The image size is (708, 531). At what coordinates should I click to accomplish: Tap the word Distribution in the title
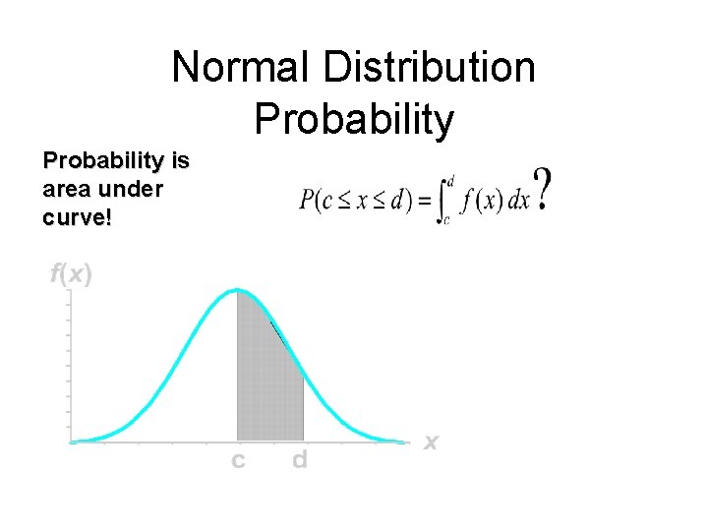click(x=430, y=68)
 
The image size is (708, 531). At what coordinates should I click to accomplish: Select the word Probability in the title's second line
click(x=354, y=119)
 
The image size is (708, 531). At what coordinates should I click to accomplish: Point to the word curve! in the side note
click(x=78, y=217)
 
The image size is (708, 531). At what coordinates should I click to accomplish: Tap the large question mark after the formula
click(x=541, y=191)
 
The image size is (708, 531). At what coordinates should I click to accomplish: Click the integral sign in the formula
click(x=442, y=200)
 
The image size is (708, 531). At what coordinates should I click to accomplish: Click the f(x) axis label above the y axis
click(x=71, y=274)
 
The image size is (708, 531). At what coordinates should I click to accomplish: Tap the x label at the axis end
click(x=430, y=442)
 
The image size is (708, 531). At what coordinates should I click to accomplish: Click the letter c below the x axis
click(x=238, y=459)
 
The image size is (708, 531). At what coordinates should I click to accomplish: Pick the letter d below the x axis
click(x=300, y=459)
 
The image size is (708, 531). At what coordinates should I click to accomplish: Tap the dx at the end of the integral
click(x=518, y=200)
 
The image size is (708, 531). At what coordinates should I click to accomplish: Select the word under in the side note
click(x=129, y=189)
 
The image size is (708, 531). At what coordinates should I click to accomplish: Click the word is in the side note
click(x=179, y=160)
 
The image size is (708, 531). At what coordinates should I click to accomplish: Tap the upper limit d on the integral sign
click(x=450, y=181)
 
